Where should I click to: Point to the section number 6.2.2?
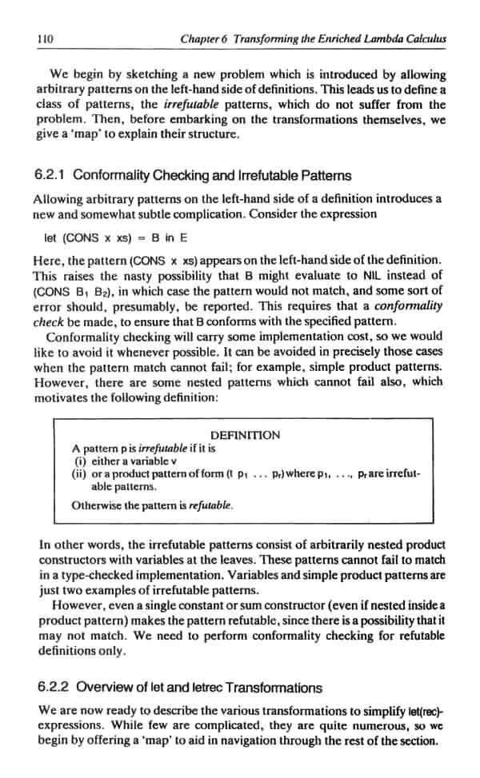click(x=53, y=688)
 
